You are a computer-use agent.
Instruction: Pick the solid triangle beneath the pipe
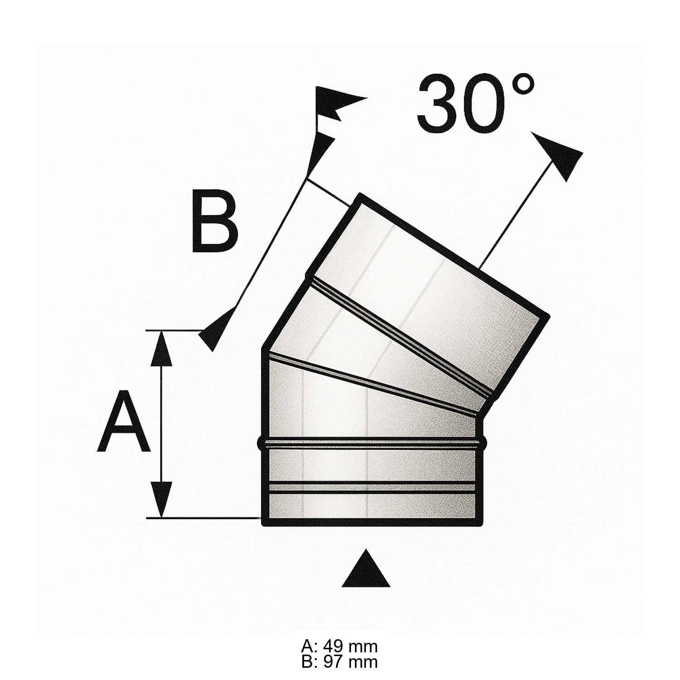366,570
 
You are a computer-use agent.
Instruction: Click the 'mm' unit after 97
363,662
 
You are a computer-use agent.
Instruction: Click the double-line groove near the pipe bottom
372,487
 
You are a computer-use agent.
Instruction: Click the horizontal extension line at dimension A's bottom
204,517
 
